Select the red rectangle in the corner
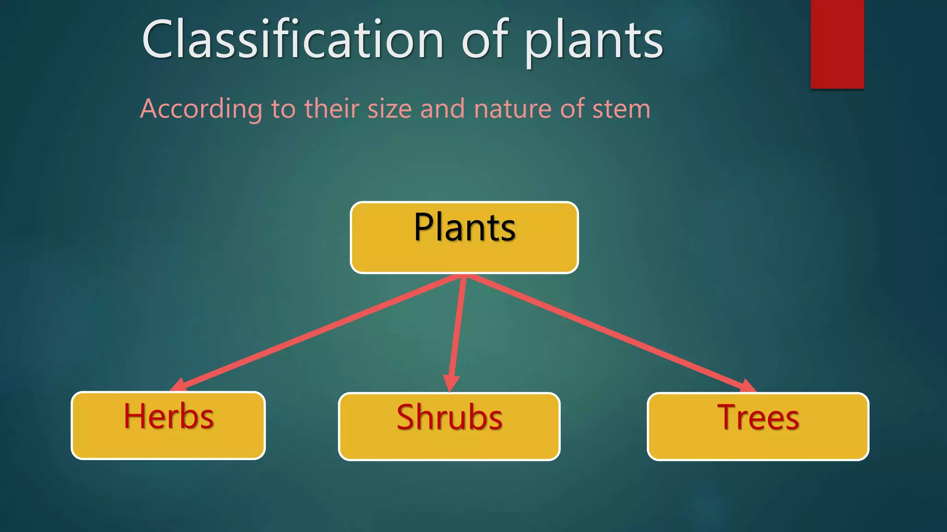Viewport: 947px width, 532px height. pyautogui.click(x=837, y=44)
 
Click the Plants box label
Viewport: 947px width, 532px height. pyautogui.click(x=464, y=228)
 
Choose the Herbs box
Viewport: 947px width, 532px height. pyautogui.click(x=168, y=425)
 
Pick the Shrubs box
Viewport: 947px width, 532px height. pyautogui.click(x=449, y=426)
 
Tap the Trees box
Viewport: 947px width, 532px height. pyautogui.click(x=758, y=426)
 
